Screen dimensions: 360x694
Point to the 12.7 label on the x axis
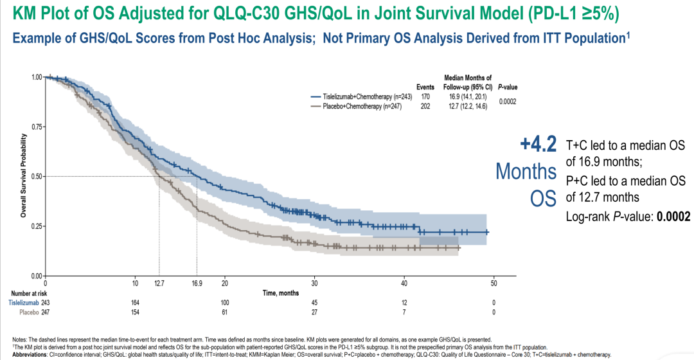tap(159, 282)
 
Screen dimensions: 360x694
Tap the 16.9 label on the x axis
tap(197, 282)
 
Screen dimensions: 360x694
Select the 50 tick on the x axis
tap(494, 282)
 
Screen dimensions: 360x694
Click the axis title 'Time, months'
tap(280, 292)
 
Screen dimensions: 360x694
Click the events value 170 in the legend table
tap(425, 96)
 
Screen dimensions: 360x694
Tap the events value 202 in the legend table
tap(425, 107)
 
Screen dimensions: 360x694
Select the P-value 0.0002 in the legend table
tap(508, 102)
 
